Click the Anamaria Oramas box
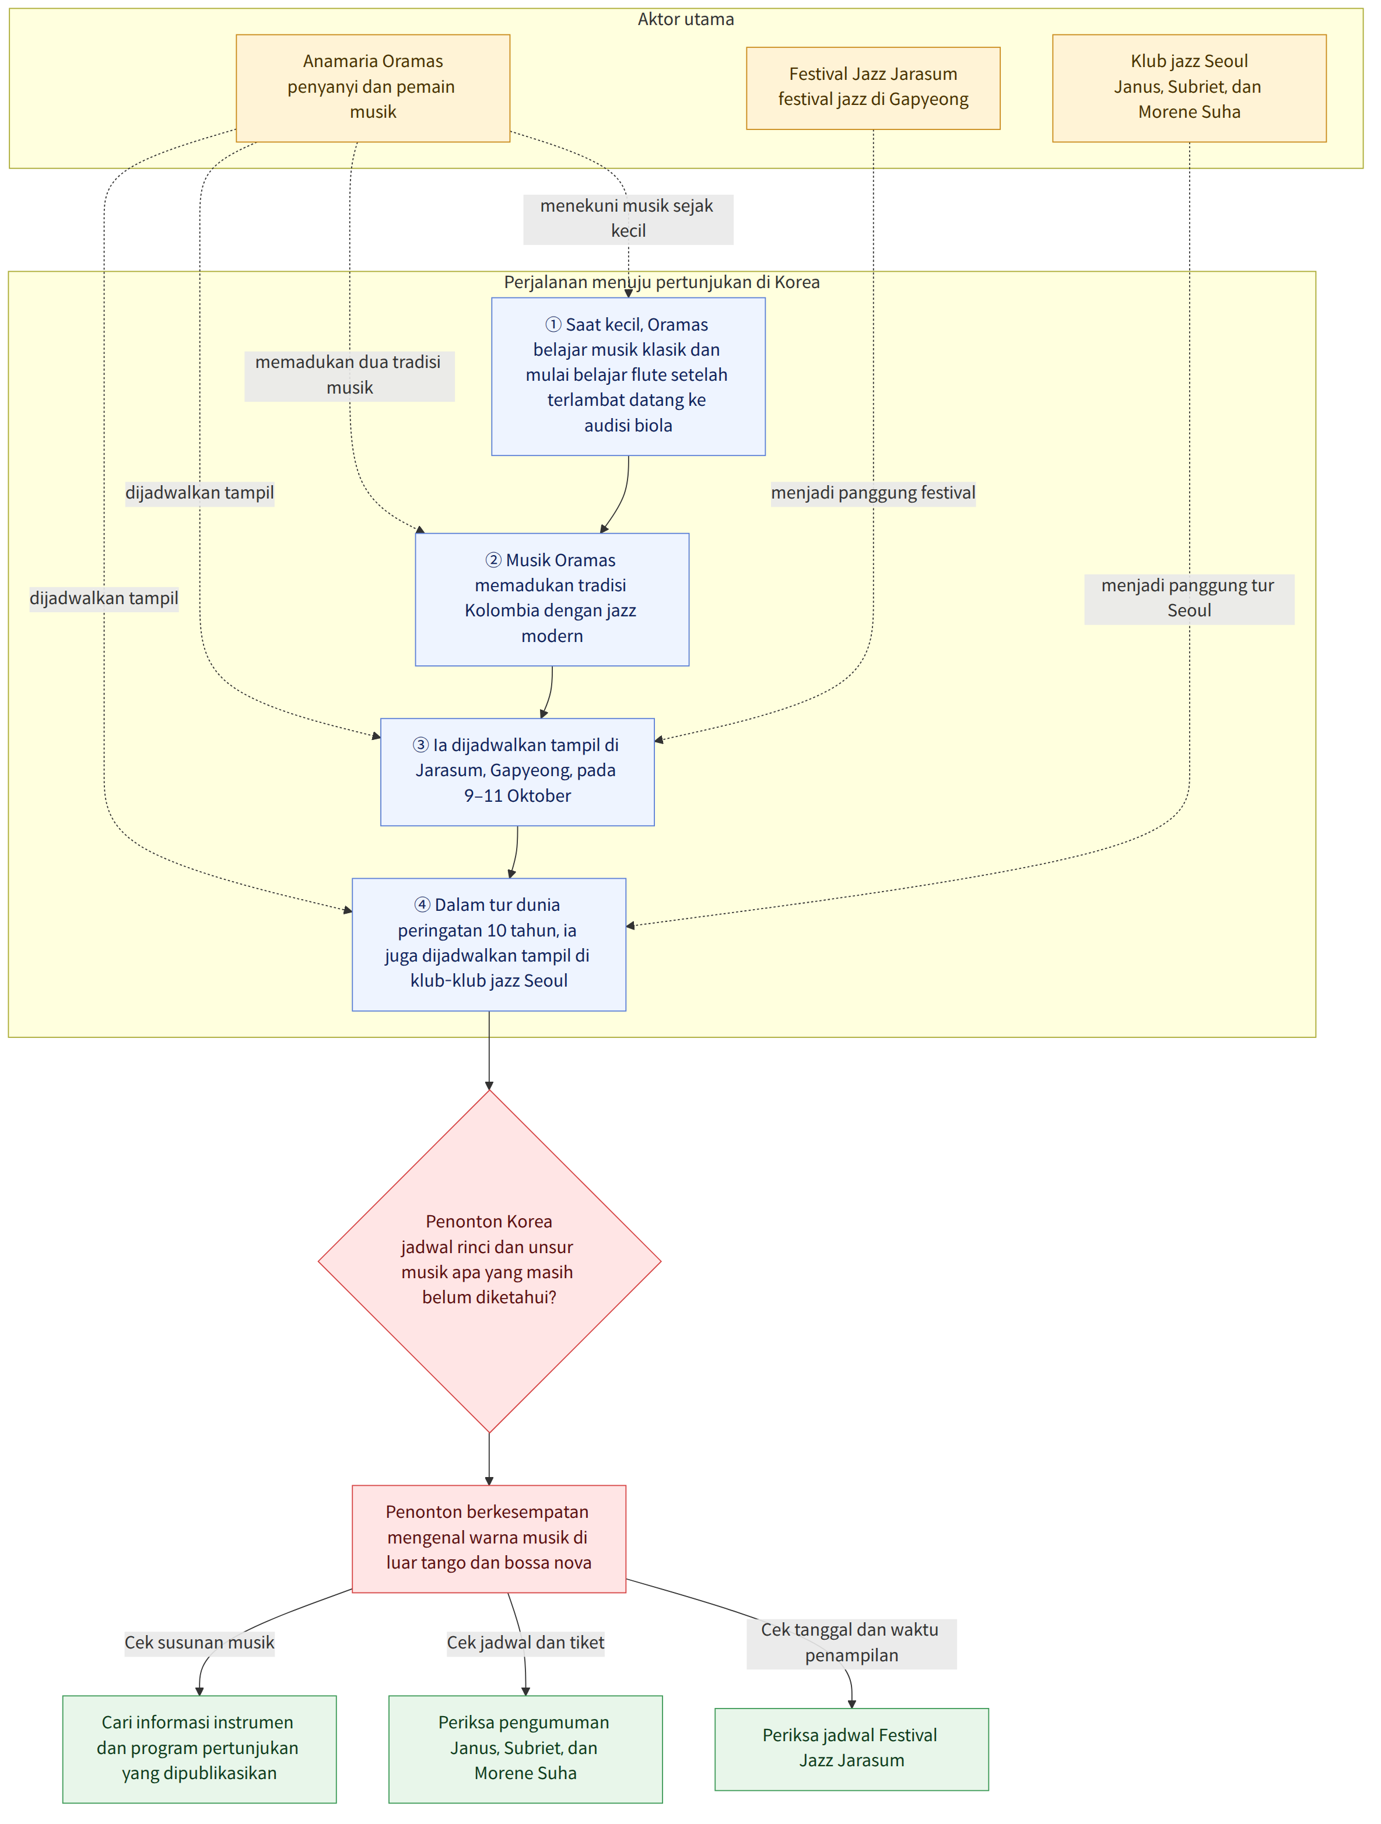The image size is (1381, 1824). tap(373, 88)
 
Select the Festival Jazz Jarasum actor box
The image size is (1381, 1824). tap(873, 88)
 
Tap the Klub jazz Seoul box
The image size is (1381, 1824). tap(1189, 88)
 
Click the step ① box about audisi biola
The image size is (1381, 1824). tap(628, 376)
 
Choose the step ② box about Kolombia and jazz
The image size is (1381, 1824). tap(552, 599)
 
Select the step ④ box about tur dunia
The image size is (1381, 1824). tap(489, 944)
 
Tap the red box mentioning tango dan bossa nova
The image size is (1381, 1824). tap(489, 1539)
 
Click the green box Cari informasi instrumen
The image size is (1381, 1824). tap(199, 1749)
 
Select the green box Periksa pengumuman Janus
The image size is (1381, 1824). tap(526, 1749)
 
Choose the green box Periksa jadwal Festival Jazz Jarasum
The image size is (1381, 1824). tap(851, 1749)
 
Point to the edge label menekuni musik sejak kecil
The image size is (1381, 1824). tap(628, 219)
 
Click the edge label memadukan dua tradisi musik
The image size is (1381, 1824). tap(349, 375)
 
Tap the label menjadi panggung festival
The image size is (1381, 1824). tap(873, 493)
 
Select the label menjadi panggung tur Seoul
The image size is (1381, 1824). tap(1189, 599)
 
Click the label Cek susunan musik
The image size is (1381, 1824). tap(199, 1643)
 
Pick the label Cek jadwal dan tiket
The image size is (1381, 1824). tap(526, 1643)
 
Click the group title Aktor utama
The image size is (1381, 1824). tap(686, 19)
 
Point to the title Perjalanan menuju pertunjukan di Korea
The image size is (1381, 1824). tap(662, 282)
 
